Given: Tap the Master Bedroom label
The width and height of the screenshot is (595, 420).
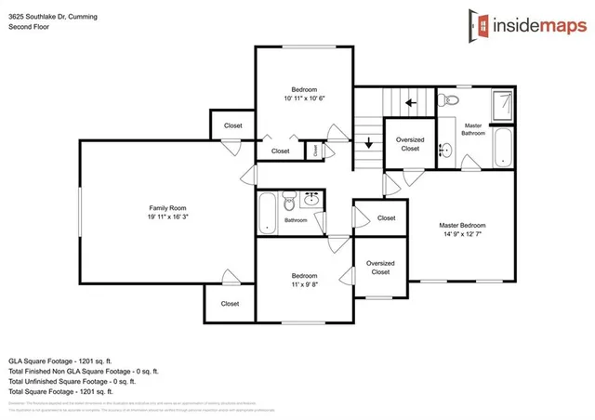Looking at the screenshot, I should coord(462,226).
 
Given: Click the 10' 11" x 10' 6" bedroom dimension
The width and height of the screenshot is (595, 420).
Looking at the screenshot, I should coord(304,98).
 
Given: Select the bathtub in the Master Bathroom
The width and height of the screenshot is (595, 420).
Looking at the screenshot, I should coord(503,148).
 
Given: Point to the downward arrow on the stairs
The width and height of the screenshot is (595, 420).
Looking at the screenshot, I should coord(369,143).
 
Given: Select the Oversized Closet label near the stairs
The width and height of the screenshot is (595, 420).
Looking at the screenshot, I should coord(410,144).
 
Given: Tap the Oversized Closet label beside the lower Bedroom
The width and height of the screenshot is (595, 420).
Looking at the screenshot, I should coord(379,268).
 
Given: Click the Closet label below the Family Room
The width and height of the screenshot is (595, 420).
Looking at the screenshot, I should coord(230,304).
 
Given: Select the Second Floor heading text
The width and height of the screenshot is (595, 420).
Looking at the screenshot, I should coord(31,27).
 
